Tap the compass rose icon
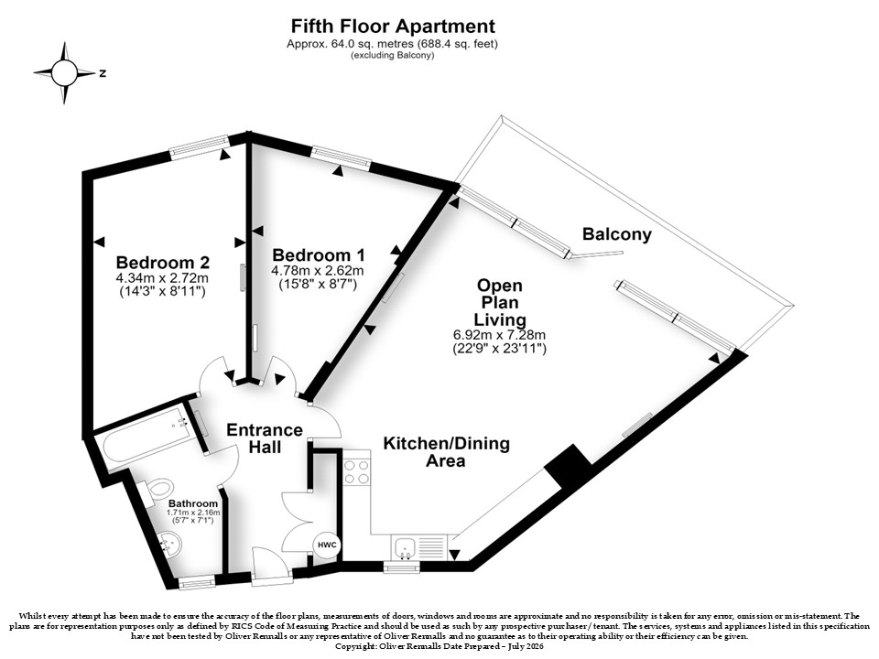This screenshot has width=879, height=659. [x=64, y=73]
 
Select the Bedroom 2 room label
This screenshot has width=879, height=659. [x=163, y=263]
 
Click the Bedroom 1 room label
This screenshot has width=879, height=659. [x=319, y=255]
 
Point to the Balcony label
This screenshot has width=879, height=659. [x=616, y=234]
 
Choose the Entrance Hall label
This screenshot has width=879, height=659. [x=265, y=438]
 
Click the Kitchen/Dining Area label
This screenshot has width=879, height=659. [x=446, y=451]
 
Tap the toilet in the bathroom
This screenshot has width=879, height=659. [x=156, y=492]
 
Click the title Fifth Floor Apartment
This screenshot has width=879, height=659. [x=393, y=27]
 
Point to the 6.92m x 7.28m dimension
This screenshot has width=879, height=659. [x=500, y=335]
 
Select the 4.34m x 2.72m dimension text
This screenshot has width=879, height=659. [x=163, y=278]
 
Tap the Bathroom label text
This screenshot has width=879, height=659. [x=193, y=503]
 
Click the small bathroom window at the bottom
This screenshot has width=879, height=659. [x=197, y=584]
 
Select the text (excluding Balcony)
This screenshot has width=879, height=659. [x=393, y=55]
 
